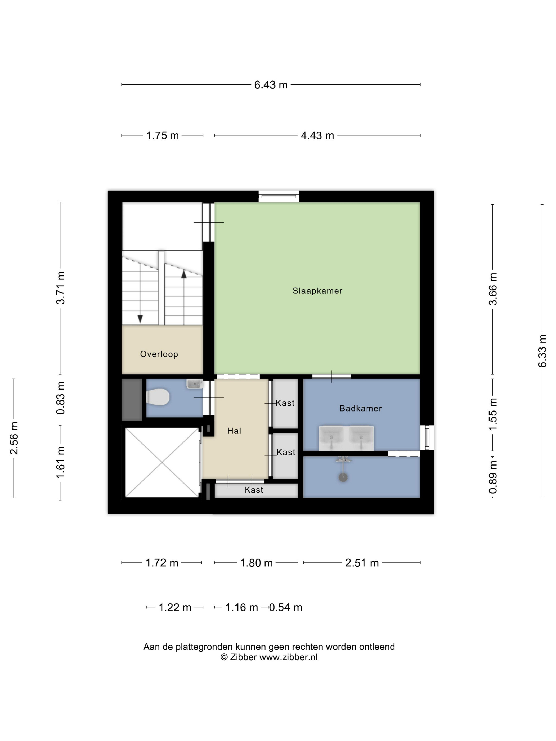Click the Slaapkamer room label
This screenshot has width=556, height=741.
[x=317, y=291]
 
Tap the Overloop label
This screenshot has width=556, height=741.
[x=159, y=354]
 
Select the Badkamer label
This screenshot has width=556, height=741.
[x=361, y=408]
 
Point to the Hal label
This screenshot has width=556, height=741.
[x=234, y=431]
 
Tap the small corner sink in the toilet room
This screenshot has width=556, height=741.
[x=194, y=384]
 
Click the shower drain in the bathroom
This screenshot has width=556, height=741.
[x=343, y=477]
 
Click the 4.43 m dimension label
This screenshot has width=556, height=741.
[x=317, y=136]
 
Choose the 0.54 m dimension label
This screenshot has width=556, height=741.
[x=285, y=607]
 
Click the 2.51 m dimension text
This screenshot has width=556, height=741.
[x=362, y=563]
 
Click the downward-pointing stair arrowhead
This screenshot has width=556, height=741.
[x=140, y=319]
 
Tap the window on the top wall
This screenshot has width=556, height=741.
[x=279, y=196]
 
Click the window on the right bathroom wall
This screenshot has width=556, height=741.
[x=427, y=437]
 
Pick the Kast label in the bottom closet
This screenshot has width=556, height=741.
[x=254, y=490]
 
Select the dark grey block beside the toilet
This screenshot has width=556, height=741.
[x=132, y=400]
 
